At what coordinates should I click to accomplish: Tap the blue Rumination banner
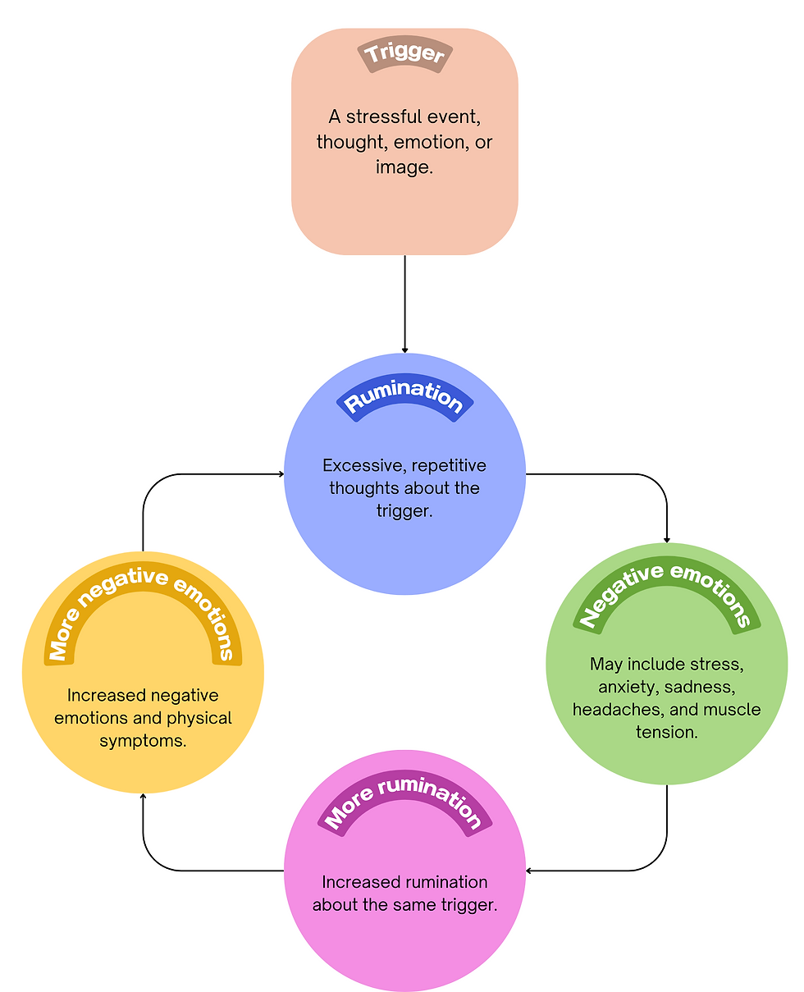pos(404,399)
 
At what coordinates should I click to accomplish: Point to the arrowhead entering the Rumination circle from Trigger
pos(404,350)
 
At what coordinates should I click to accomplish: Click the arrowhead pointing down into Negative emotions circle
pos(666,539)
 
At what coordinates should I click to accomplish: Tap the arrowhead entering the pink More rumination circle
pos(529,870)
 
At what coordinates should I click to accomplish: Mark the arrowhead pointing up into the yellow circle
pos(144,796)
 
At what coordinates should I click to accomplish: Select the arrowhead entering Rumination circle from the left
pos(281,473)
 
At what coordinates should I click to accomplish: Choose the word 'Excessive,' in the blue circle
pos(364,466)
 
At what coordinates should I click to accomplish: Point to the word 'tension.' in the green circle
pos(666,731)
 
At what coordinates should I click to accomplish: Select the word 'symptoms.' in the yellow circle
pos(143,741)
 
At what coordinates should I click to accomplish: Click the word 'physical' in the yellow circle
pos(199,718)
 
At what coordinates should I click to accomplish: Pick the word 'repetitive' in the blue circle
pos(449,466)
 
